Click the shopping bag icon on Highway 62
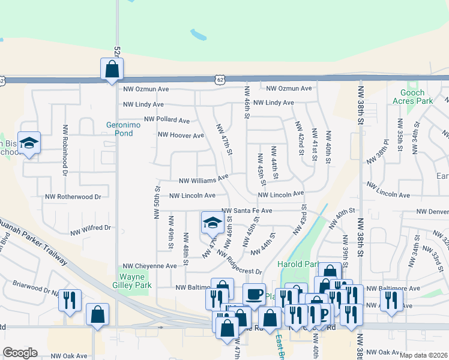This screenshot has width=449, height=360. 112,69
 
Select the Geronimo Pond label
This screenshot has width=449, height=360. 119,128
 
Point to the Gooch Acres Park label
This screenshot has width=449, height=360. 416,97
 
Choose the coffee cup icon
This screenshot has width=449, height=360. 254,295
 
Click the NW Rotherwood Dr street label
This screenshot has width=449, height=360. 73,196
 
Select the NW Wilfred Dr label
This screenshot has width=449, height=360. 91,228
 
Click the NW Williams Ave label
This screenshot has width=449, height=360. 203,179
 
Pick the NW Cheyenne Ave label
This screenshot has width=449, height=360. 150,266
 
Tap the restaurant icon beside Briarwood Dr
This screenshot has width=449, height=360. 70,300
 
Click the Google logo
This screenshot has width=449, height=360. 20,353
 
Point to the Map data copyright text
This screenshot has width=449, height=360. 423,355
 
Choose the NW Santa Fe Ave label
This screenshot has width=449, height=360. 247,211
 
